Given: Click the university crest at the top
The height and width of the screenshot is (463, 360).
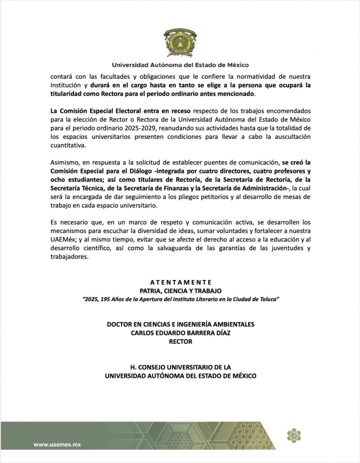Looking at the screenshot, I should click(180, 40).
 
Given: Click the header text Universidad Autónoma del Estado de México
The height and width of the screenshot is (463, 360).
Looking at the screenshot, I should click(180, 65).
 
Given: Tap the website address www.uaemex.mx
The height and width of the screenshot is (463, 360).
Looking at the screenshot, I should click(57, 444).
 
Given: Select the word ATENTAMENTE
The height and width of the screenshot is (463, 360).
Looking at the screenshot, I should click(181, 282).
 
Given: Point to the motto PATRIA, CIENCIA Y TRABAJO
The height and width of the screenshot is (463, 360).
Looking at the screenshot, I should click(181, 291).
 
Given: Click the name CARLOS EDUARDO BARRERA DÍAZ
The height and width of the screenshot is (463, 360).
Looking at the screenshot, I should click(181, 333).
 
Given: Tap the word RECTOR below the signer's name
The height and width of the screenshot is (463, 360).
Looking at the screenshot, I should click(181, 342).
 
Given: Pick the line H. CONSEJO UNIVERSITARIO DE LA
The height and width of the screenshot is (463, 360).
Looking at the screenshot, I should click(181, 367).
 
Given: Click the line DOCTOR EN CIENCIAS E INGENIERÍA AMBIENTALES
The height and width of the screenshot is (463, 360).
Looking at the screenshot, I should click(181, 324).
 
